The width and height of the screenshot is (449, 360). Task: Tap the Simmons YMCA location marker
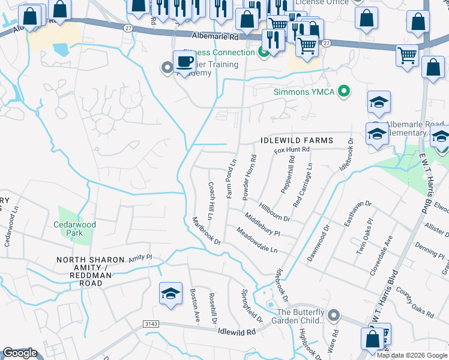344,92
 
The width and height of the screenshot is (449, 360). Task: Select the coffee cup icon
185,62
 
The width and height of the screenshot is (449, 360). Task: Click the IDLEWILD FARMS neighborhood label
297,140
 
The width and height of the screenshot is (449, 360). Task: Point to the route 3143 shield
151,324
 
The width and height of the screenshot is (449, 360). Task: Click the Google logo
20,353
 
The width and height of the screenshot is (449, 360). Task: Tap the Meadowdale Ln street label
256,240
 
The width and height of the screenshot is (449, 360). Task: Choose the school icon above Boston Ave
170,293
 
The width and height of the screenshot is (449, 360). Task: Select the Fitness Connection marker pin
263,53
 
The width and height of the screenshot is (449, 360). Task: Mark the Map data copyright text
412,355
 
